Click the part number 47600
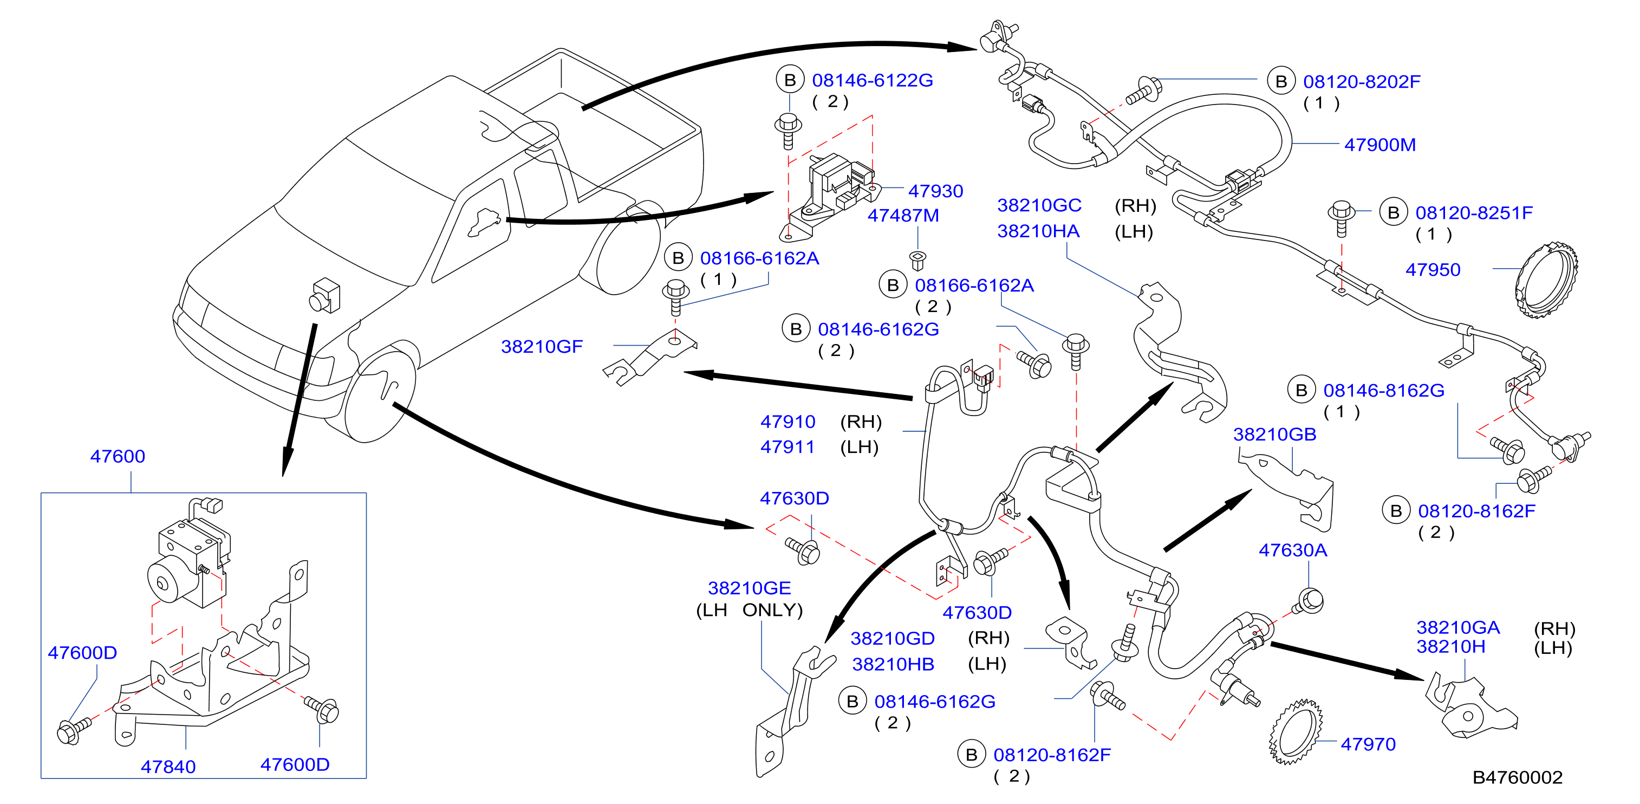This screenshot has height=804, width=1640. (118, 456)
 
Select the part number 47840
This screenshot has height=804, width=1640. (168, 767)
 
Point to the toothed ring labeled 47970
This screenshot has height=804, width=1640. (1296, 731)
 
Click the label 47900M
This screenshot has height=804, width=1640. (1380, 145)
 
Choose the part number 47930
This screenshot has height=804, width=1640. (935, 191)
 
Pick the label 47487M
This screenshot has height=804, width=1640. (903, 215)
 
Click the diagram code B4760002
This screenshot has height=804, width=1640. (1518, 777)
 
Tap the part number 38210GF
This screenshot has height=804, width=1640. (542, 347)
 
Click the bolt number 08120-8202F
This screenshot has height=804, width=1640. (1362, 82)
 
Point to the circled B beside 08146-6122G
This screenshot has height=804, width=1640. (790, 80)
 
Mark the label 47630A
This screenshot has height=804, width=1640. (1293, 550)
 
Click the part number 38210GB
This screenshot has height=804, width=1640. (1274, 435)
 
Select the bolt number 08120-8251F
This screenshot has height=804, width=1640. (1474, 213)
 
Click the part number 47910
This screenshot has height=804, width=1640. (788, 422)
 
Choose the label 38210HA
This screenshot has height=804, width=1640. (1038, 231)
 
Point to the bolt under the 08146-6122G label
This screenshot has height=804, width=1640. (788, 131)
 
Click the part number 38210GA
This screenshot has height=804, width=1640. (1458, 627)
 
